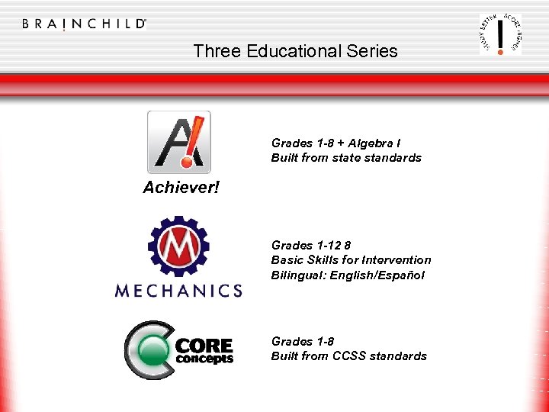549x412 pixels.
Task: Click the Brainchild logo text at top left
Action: click(x=84, y=24)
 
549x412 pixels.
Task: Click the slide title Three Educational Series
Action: click(x=295, y=51)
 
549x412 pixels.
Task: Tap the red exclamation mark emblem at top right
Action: click(x=500, y=34)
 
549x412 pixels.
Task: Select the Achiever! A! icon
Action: click(x=178, y=142)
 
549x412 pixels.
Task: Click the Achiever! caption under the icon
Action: click(x=181, y=188)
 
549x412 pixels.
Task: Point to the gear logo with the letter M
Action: click(x=178, y=246)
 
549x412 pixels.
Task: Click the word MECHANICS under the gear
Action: click(x=178, y=290)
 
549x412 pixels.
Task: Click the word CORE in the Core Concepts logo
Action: click(x=204, y=346)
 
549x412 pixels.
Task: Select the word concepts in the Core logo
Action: click(x=204, y=359)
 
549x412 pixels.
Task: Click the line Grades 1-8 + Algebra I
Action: click(x=336, y=143)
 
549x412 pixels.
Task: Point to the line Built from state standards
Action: click(x=346, y=158)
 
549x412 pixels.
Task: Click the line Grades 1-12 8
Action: click(x=311, y=245)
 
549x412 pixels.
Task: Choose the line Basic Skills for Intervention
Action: click(x=351, y=260)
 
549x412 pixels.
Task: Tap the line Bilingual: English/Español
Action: click(x=348, y=275)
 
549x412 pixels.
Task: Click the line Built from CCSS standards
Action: click(x=349, y=356)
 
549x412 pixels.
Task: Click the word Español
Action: click(x=402, y=275)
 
